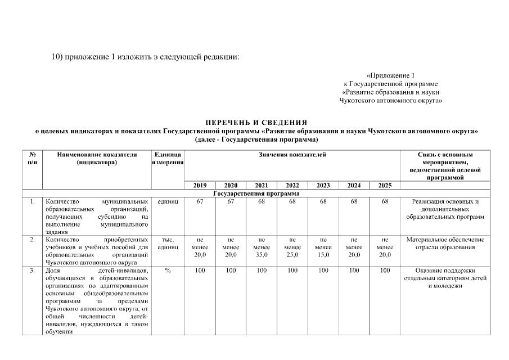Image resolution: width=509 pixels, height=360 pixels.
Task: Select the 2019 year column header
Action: tap(200, 186)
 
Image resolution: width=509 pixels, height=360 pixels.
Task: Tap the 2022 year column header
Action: tap(292, 186)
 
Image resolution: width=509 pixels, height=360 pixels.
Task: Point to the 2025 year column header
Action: tap(385, 186)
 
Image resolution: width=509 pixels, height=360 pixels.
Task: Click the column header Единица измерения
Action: tap(168, 159)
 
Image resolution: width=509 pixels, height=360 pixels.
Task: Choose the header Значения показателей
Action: tap(292, 155)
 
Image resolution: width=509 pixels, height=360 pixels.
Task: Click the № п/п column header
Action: tap(33, 159)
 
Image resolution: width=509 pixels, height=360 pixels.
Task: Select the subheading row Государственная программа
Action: tap(256, 193)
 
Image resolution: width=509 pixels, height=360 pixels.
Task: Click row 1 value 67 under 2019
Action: tap(200, 201)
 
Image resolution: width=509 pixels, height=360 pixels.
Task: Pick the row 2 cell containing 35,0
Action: tap(262, 247)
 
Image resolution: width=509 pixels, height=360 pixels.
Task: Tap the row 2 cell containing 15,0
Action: tap(323, 247)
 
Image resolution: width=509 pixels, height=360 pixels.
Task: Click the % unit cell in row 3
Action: tap(168, 271)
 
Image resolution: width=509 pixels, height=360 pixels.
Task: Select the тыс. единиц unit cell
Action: tap(168, 243)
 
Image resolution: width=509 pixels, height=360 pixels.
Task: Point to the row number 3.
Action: tap(33, 271)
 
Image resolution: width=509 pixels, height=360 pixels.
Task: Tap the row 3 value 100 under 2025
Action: tap(385, 271)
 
